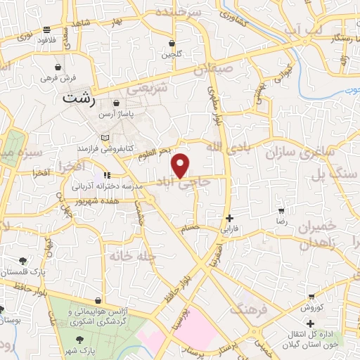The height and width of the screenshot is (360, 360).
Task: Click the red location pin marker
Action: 181,165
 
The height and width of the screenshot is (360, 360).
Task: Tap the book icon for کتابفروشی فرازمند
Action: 105,137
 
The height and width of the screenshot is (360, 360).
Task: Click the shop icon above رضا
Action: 282,210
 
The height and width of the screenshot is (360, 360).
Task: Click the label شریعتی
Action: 148,90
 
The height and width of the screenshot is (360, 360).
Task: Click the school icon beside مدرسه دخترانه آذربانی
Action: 105,175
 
